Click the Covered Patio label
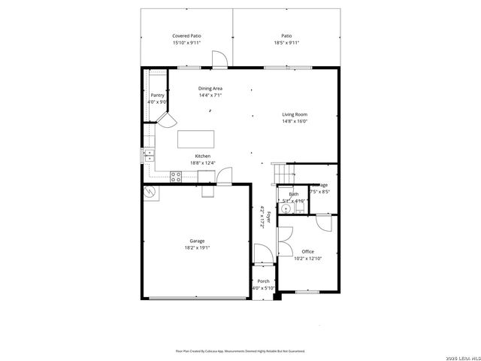[186, 35]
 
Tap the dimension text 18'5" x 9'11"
[286, 43]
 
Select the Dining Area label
[210, 88]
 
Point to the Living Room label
[295, 114]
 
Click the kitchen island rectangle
[195, 140]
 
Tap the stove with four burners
[176, 177]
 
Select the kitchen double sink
[149, 156]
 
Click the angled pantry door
[167, 120]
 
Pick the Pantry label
[157, 96]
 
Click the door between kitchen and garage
[225, 176]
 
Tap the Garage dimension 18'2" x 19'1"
[197, 248]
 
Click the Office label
[307, 251]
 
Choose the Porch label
[263, 281]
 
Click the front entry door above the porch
[261, 256]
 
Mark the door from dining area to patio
[219, 60]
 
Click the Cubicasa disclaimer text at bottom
[240, 350]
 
